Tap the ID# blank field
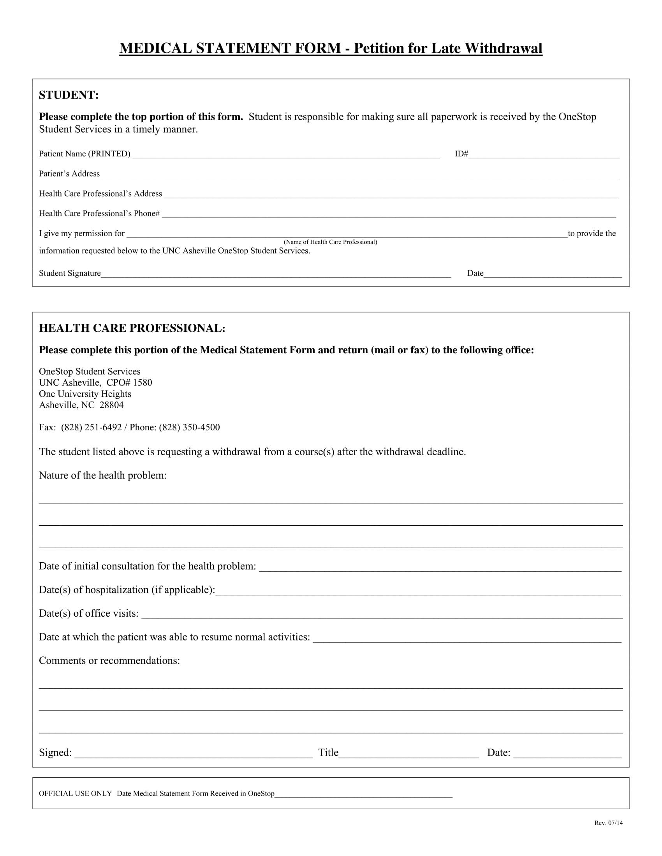pyautogui.click(x=544, y=154)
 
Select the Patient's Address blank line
pyautogui.click(x=359, y=174)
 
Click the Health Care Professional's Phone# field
pyautogui.click(x=388, y=214)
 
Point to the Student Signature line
pyautogui.click(x=276, y=274)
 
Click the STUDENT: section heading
pyautogui.click(x=69, y=95)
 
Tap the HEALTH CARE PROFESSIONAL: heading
pyautogui.click(x=132, y=328)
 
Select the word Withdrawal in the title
pyautogui.click(x=503, y=48)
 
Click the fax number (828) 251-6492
pyautogui.click(x=92, y=427)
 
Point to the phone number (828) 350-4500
pyautogui.click(x=189, y=427)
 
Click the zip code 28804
pyautogui.click(x=111, y=405)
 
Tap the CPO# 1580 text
pyautogui.click(x=129, y=382)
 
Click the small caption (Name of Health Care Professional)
pyautogui.click(x=330, y=242)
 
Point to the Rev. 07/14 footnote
pyautogui.click(x=608, y=823)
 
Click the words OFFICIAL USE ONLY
pyautogui.click(x=75, y=794)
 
